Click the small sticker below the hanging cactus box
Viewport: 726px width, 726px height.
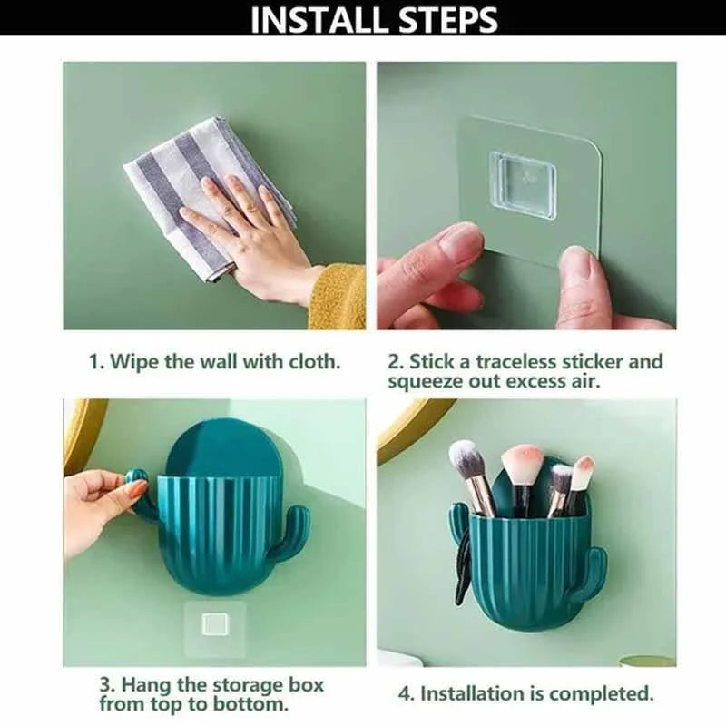click(x=215, y=624)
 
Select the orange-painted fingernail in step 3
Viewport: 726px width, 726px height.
click(x=138, y=490)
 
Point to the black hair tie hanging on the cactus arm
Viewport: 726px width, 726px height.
click(x=463, y=563)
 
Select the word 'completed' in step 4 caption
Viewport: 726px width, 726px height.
click(x=603, y=694)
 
